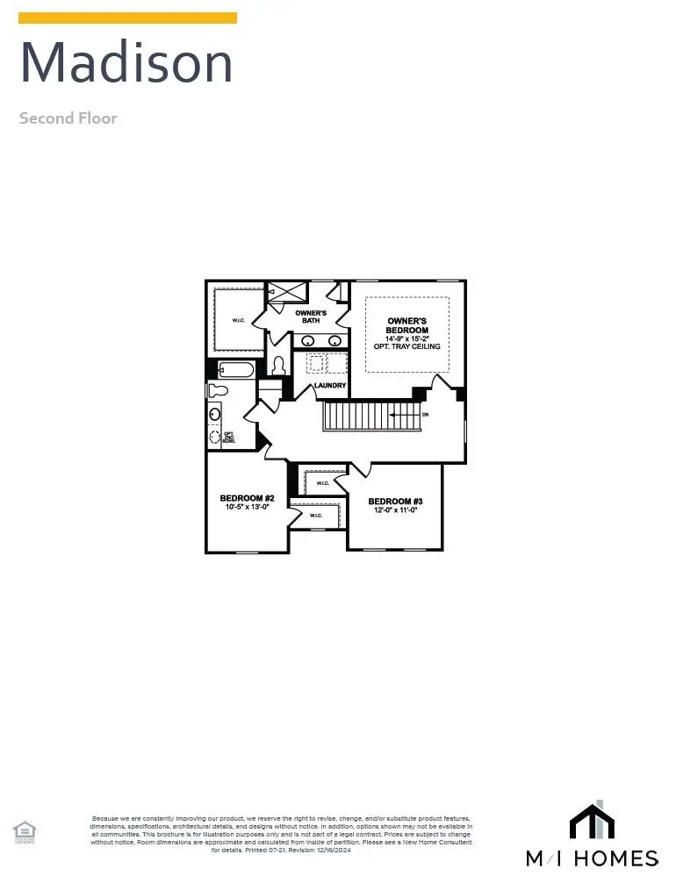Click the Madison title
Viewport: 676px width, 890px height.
126,63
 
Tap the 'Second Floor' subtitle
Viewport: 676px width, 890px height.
68,118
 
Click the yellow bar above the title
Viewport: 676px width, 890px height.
127,18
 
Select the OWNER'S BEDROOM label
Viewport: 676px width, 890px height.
407,325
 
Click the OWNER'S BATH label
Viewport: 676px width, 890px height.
311,317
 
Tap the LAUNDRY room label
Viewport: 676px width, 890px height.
330,386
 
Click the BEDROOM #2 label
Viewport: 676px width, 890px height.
247,498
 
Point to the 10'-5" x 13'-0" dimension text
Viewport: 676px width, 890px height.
247,507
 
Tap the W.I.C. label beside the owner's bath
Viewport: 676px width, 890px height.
239,320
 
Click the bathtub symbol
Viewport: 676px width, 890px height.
235,370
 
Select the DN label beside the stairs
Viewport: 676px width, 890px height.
426,414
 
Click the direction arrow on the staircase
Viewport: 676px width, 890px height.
404,415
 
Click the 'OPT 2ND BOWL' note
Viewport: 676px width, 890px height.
228,436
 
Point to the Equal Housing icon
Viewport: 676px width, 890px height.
24,831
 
